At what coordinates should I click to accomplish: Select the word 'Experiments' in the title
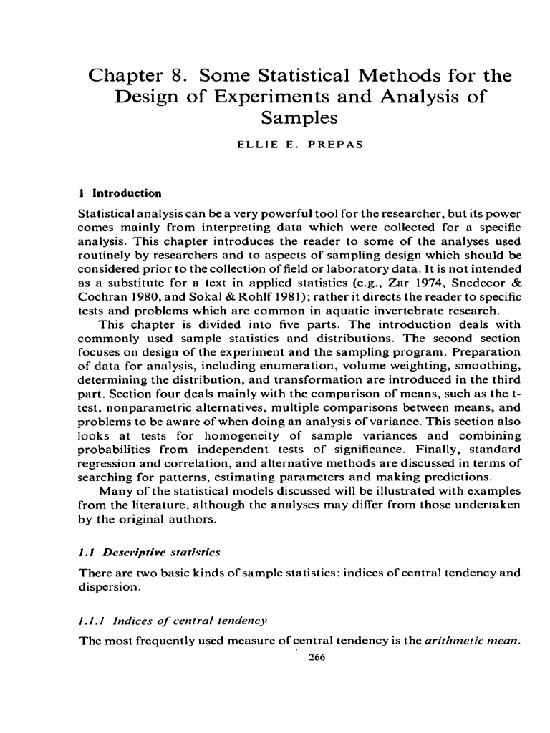coord(252,96)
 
